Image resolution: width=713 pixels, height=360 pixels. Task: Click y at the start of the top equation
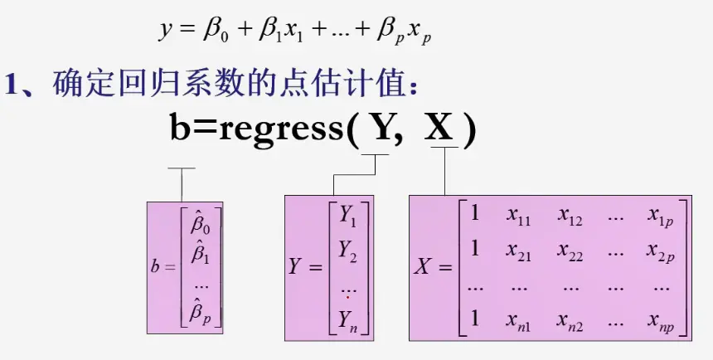tap(163, 32)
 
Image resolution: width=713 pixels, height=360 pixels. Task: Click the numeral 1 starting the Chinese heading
tap(12, 84)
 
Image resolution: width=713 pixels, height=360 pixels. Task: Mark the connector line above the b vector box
tap(182, 183)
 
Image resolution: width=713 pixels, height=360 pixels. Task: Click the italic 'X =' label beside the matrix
tap(433, 268)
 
